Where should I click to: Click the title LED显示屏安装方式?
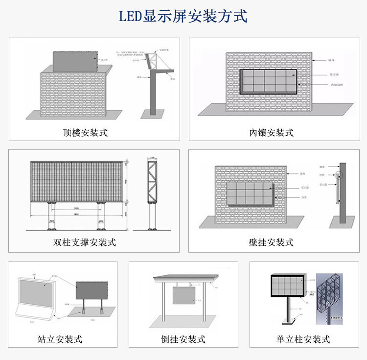click(x=183, y=16)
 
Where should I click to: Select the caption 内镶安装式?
click(x=271, y=132)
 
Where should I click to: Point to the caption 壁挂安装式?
click(x=271, y=242)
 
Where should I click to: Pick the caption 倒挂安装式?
click(x=183, y=339)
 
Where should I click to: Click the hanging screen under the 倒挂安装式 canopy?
click(x=183, y=297)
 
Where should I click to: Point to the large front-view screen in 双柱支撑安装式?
click(x=76, y=180)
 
